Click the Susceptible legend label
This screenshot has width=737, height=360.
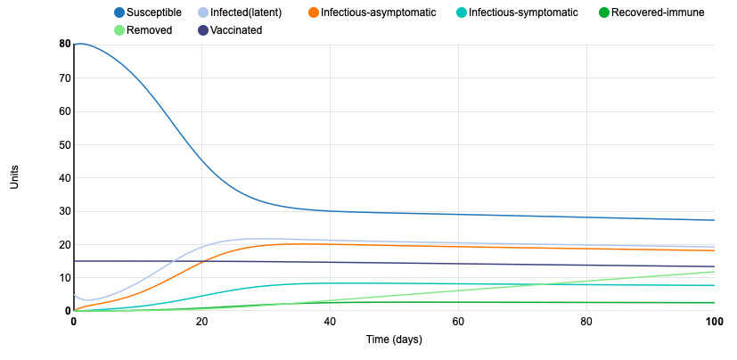point(154,12)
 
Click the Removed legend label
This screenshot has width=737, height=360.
point(151,30)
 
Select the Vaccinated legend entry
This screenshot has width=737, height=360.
point(237,30)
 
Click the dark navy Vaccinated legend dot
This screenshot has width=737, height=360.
point(203,30)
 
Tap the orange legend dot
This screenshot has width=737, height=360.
point(313,12)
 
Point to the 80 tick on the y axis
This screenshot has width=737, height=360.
point(65,44)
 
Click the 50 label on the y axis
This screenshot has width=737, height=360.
point(65,144)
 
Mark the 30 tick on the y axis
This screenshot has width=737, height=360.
point(65,211)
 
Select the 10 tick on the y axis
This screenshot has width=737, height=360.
point(65,278)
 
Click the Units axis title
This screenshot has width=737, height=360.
point(15,176)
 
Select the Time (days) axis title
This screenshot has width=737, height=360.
point(394,340)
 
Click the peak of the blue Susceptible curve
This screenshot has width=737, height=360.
point(80,44)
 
